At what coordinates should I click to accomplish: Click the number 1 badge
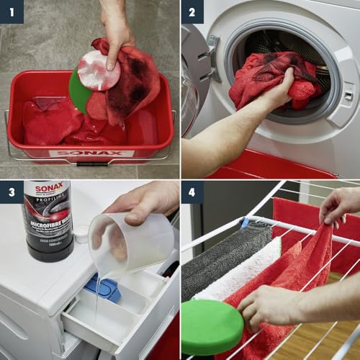(x=12, y=12)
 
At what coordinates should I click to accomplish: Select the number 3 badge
(x=12, y=192)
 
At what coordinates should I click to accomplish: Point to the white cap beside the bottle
(x=81, y=233)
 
